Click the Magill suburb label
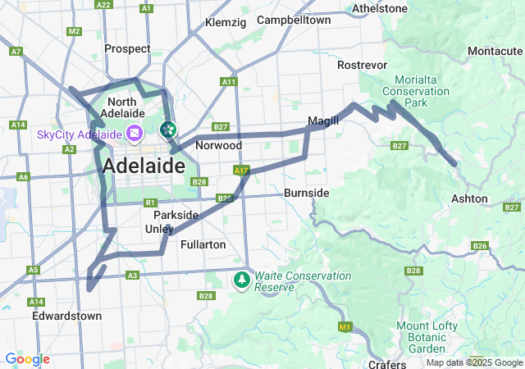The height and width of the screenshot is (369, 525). (322, 121)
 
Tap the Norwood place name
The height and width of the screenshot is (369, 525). (218, 145)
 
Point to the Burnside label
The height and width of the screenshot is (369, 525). (306, 193)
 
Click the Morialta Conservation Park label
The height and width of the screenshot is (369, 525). (422, 92)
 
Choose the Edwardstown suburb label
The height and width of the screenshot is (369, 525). (66, 316)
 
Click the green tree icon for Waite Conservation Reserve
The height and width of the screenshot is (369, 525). (242, 280)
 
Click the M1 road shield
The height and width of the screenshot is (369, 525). (345, 327)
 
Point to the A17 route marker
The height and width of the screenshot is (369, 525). (240, 171)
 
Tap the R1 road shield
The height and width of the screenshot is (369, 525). (149, 203)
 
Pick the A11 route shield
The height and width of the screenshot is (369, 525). (229, 82)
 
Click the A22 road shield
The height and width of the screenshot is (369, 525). (103, 5)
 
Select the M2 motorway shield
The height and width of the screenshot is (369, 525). (75, 31)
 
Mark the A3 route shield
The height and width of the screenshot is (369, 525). (132, 276)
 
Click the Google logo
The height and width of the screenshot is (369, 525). (27, 359)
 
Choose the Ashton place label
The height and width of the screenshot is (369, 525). (469, 198)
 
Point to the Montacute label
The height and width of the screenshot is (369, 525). (494, 51)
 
